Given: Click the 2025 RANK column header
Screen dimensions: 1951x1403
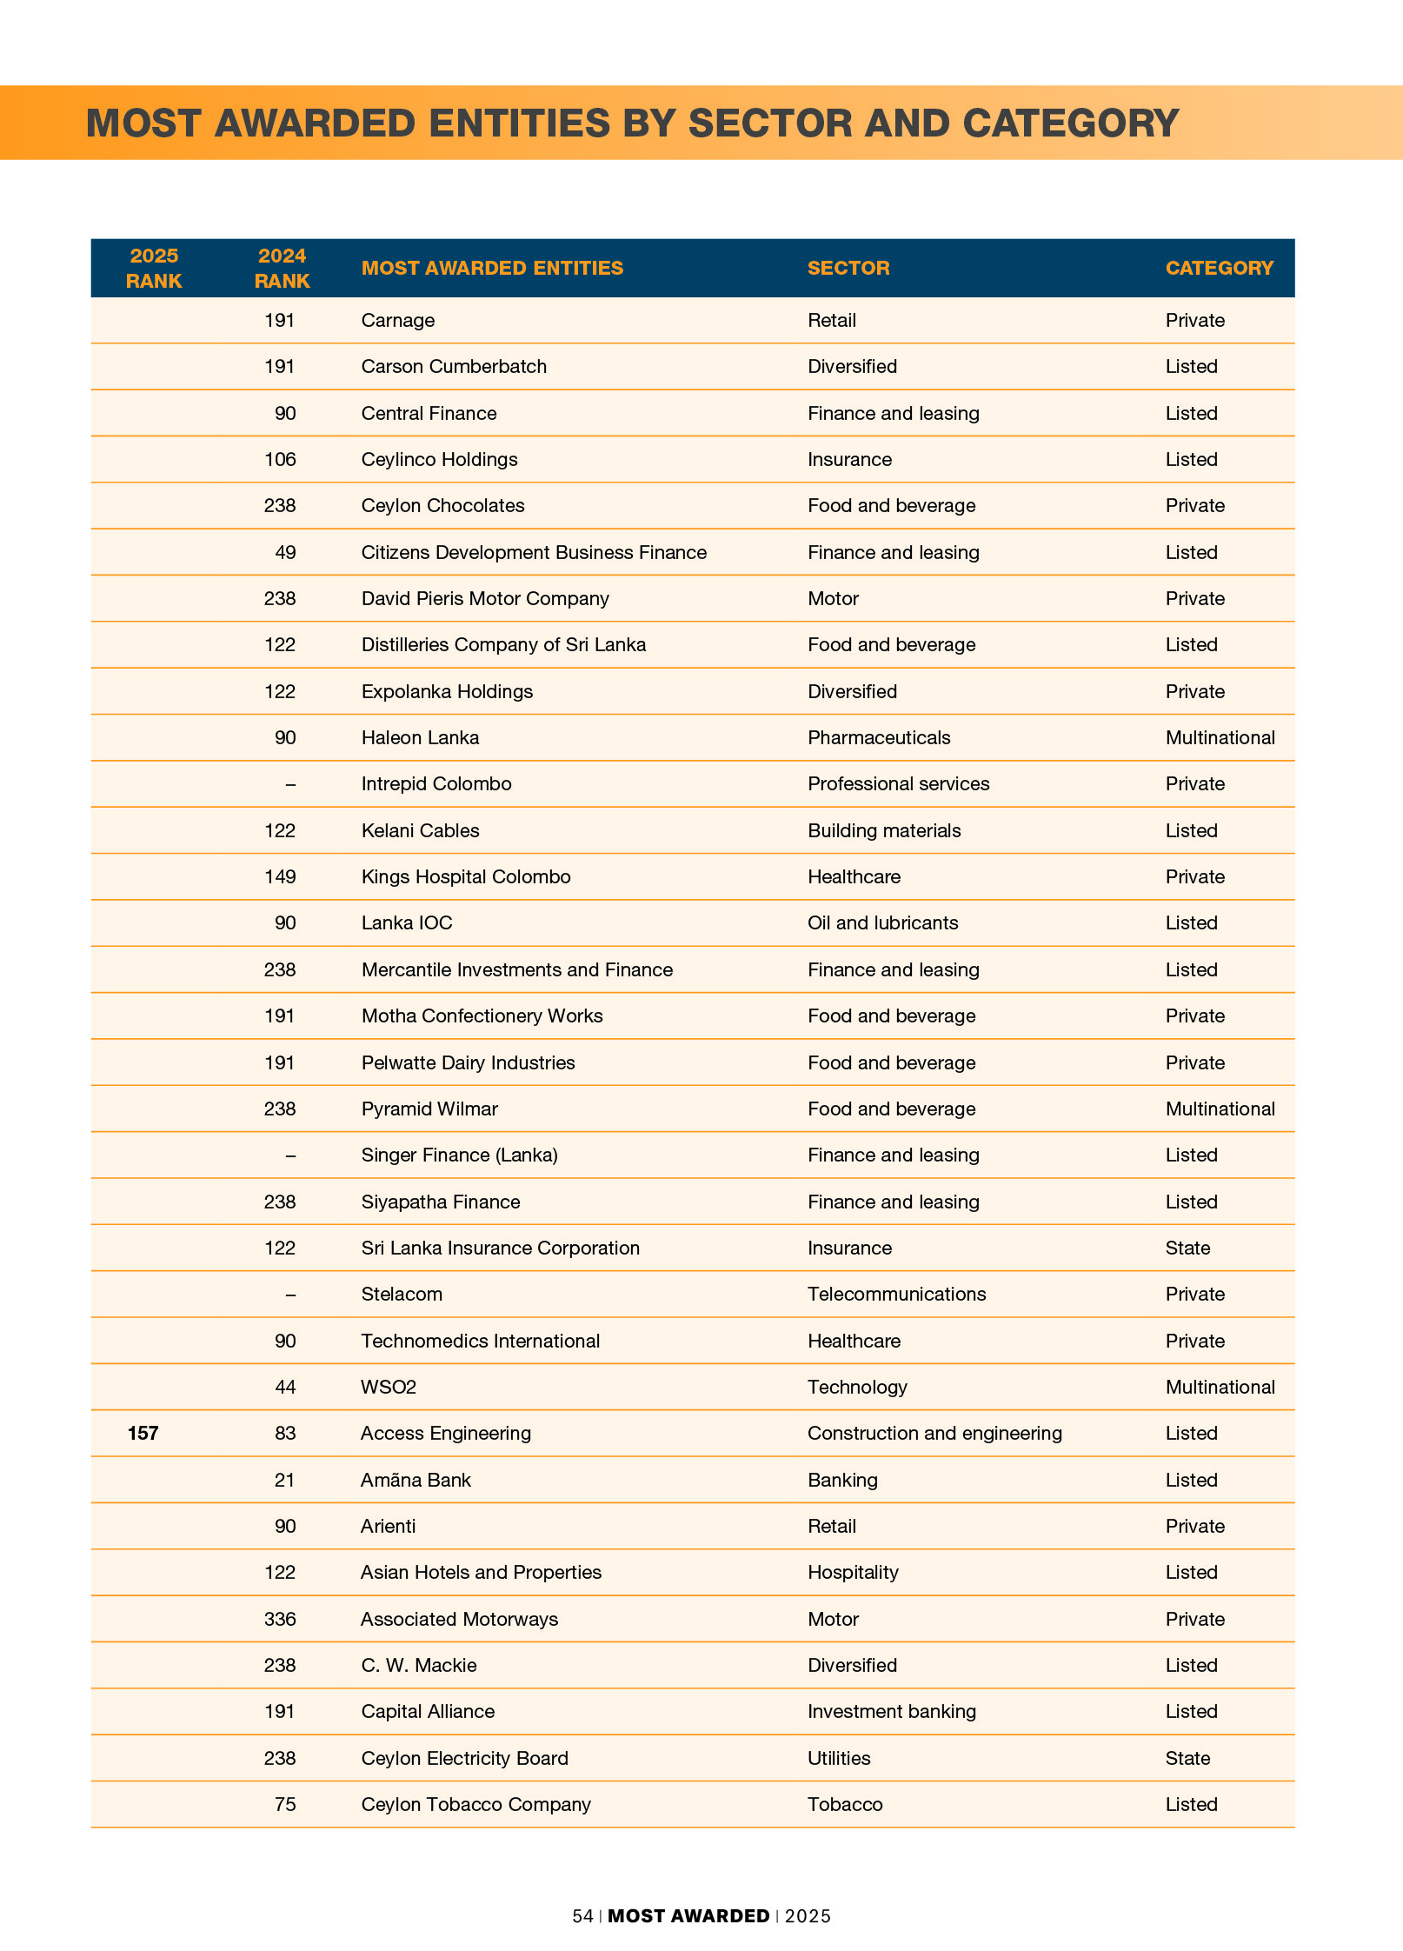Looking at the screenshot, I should click(154, 268).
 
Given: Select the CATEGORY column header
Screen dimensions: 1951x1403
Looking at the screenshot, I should click(1219, 268).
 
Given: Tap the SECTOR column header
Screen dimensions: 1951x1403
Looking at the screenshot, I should click(848, 268).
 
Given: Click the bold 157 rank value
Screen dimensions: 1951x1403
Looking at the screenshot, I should click(143, 1434).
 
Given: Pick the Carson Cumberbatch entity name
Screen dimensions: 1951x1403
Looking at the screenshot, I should click(454, 367).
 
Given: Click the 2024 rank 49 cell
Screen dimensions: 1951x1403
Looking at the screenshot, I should click(285, 553).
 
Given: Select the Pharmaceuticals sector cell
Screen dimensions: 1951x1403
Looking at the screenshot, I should click(879, 738).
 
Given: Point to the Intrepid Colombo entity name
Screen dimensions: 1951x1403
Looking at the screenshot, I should click(436, 784).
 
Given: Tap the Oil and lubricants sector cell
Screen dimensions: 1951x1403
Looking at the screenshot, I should click(882, 923).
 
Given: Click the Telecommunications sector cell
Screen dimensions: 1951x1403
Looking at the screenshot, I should click(896, 1295).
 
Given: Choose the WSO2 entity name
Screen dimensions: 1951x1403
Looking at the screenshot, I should click(389, 1388).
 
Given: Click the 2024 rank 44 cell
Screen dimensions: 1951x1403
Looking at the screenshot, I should click(285, 1388).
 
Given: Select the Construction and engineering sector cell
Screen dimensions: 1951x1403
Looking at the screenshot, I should click(934, 1434).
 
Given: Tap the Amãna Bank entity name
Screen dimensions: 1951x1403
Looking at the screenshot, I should click(416, 1481).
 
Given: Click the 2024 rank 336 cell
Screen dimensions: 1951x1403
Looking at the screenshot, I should click(280, 1620).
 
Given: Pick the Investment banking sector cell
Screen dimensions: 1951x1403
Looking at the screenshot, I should click(892, 1712).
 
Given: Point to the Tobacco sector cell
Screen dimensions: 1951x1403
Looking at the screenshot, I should click(845, 1805).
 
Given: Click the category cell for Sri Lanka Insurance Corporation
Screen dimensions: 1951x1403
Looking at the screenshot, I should click(1187, 1249).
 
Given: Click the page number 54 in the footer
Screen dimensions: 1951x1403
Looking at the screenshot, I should click(582, 1916).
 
